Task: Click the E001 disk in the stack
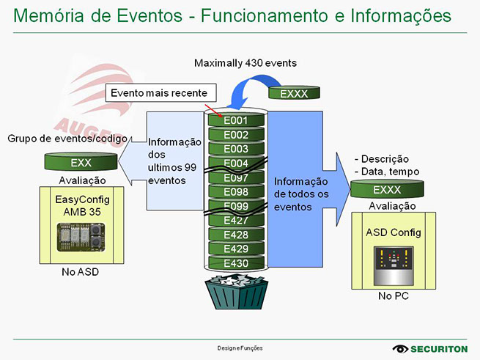pyautogui.click(x=236, y=120)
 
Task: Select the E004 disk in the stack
pyautogui.click(x=236, y=163)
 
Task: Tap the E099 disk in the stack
pyautogui.click(x=236, y=205)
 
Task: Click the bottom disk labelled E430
pyautogui.click(x=236, y=263)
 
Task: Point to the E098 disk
pyautogui.click(x=236, y=191)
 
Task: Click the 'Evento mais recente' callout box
pyautogui.click(x=162, y=92)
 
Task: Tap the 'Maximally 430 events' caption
pyautogui.click(x=245, y=63)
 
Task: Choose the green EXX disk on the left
pyautogui.click(x=81, y=162)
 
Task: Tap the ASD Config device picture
pyautogui.click(x=394, y=264)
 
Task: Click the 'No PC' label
pyautogui.click(x=394, y=298)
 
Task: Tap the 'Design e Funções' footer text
pyautogui.click(x=240, y=348)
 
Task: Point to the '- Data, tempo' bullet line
pyautogui.click(x=386, y=172)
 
